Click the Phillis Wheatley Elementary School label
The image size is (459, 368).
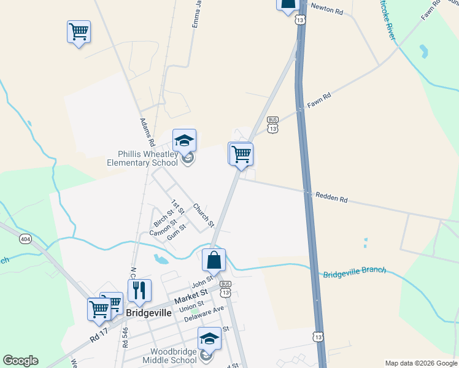click(x=142, y=158)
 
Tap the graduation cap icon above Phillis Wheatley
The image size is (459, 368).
click(x=184, y=140)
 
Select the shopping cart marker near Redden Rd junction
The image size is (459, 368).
click(x=242, y=154)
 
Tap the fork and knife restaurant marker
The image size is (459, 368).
click(x=139, y=290)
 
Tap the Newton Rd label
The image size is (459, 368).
click(x=326, y=9)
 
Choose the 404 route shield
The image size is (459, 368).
click(x=25, y=238)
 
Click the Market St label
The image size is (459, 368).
click(x=187, y=299)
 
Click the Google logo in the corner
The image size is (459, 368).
click(x=20, y=361)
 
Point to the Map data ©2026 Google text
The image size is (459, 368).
click(x=420, y=363)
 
